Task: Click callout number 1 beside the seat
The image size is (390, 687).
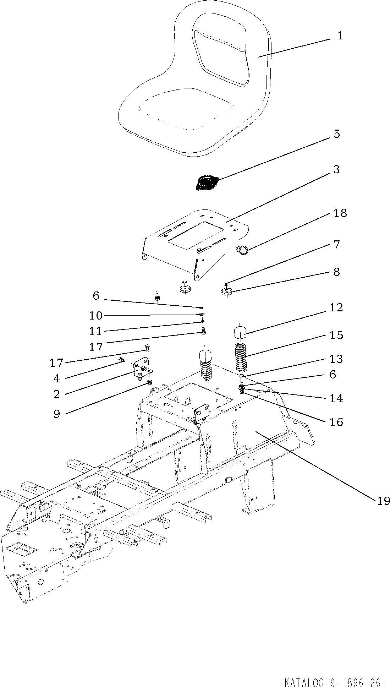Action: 340,36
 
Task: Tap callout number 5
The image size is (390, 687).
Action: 336,134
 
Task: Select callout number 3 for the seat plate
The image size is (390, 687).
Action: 336,169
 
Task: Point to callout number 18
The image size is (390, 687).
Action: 340,213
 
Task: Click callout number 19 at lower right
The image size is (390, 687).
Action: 383,501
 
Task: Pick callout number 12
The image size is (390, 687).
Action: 336,307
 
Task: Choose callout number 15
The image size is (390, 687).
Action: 336,335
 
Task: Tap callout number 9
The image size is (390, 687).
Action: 57,414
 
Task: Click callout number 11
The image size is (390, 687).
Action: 95,331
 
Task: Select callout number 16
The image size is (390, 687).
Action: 336,422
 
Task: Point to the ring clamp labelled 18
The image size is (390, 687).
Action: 243,251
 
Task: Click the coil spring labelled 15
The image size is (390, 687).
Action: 242,358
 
